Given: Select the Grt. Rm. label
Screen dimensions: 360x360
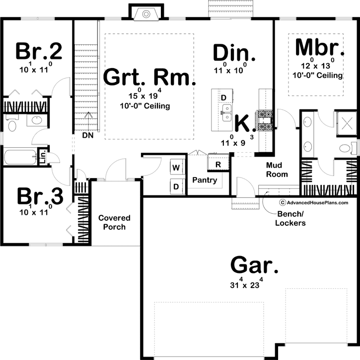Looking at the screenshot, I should point(149,78).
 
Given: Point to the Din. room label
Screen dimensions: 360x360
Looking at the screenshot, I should point(234,53).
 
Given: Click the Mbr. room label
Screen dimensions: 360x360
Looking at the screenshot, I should point(320,48).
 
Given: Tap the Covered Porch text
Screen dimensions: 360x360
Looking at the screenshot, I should point(114,222).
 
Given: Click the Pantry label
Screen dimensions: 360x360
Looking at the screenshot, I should point(205,180).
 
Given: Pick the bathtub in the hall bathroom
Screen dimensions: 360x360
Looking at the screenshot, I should point(20,157).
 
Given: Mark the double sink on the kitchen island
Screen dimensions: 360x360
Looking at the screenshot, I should point(226,113).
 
